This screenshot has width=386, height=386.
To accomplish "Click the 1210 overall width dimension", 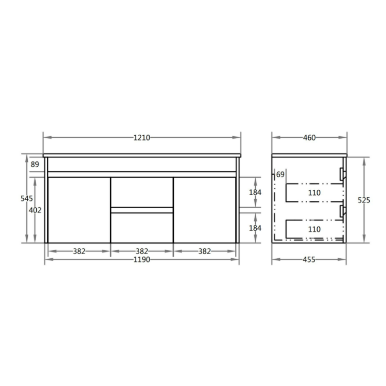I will (x=142, y=138).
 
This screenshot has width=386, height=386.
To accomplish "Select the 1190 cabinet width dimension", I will (x=142, y=260).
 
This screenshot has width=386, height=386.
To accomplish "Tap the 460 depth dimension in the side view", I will (x=309, y=138).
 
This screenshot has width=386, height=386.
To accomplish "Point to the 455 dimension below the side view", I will (x=309, y=260).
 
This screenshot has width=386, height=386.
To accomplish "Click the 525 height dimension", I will (x=363, y=200).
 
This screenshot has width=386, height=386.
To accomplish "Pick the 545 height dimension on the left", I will (x=26, y=199).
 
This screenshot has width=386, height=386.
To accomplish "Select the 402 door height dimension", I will (x=36, y=210).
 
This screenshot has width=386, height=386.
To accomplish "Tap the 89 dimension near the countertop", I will (x=35, y=165).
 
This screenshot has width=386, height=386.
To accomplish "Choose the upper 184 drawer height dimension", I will (x=255, y=192).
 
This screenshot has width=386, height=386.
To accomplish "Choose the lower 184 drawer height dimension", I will (x=255, y=228).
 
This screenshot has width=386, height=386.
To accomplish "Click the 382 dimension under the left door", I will (x=79, y=251).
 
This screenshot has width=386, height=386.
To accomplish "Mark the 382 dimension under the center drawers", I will (x=142, y=251).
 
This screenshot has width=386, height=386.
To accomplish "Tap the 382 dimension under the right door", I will (x=205, y=251).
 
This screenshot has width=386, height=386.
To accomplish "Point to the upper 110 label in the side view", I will (x=314, y=193).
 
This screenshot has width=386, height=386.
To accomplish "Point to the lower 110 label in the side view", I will (x=314, y=229).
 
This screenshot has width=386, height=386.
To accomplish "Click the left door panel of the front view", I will (x=79, y=210).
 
